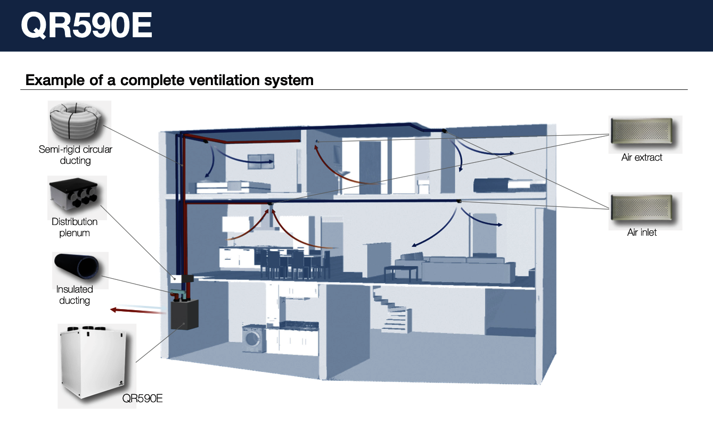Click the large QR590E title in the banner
(86, 26)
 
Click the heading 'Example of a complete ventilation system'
(169, 80)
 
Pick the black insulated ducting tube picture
(77, 266)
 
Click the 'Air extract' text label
(642, 157)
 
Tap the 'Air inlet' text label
(642, 232)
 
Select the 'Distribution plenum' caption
(75, 227)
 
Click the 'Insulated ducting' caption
(75, 295)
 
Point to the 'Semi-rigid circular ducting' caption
(76, 155)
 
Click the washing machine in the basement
(253, 338)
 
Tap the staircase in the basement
(392, 310)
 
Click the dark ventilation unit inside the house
(184, 315)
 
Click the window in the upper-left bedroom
(261, 161)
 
